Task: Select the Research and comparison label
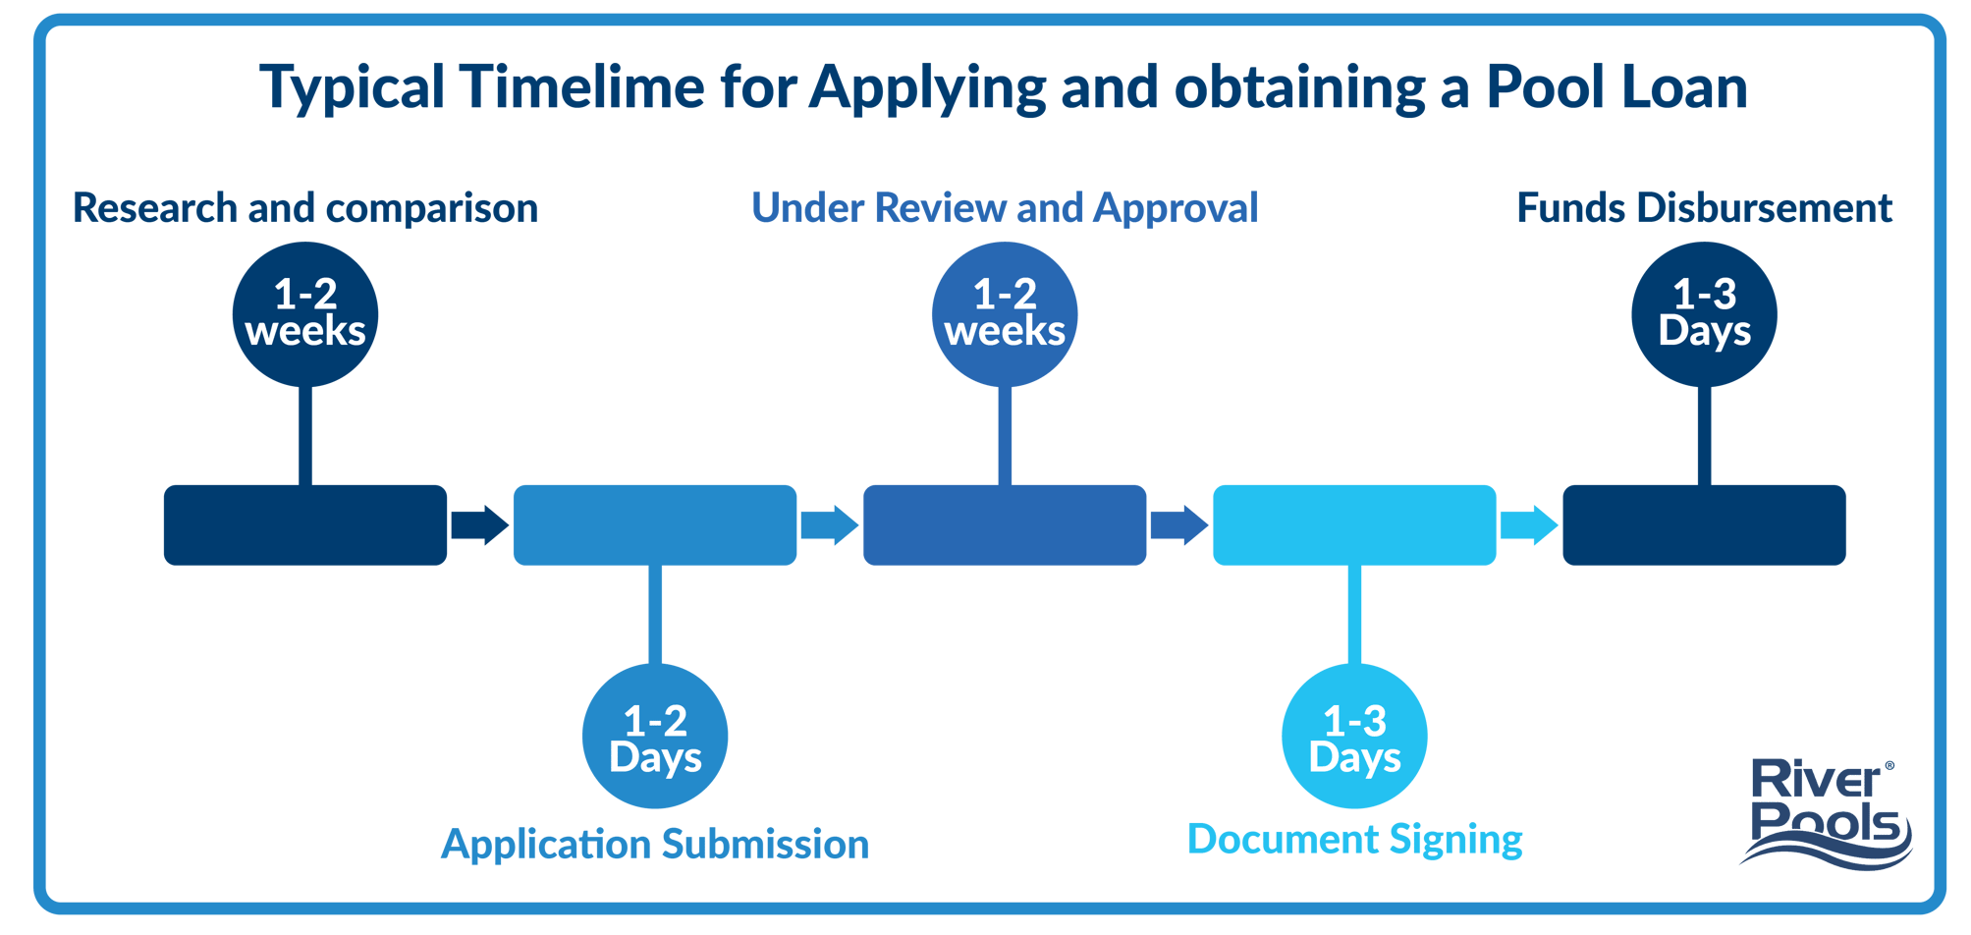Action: (305, 208)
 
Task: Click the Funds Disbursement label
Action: (1704, 208)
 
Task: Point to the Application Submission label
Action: (655, 845)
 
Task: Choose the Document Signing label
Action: (1354, 840)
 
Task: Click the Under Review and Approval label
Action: (1005, 208)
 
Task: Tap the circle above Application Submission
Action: (655, 737)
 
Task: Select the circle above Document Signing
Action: (1354, 737)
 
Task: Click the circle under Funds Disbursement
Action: (1704, 314)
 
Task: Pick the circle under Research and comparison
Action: (305, 314)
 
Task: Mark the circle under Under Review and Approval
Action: (1005, 314)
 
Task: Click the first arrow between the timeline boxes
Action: (479, 524)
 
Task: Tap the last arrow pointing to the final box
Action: (1528, 524)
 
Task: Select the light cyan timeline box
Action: (1354, 524)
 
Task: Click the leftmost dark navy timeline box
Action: (305, 524)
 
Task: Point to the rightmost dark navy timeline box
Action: (1704, 524)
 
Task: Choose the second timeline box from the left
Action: (655, 524)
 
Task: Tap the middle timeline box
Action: (1005, 524)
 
